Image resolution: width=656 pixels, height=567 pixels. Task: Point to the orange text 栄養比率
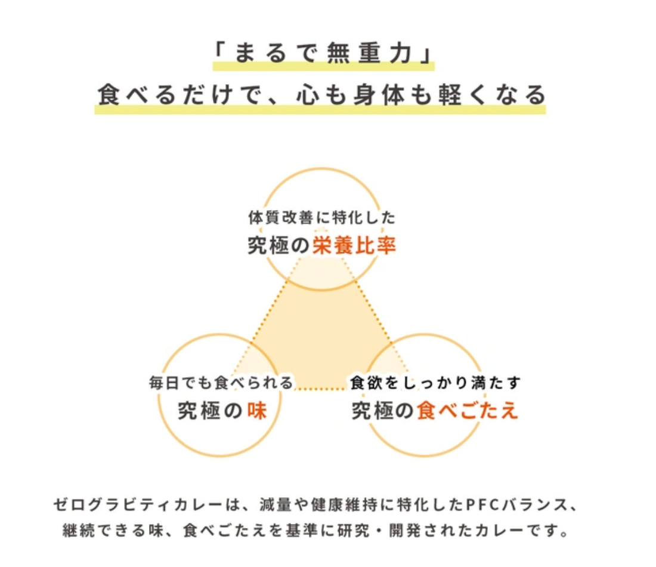pyautogui.click(x=354, y=246)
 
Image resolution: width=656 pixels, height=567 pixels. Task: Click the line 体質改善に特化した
pyautogui.click(x=321, y=218)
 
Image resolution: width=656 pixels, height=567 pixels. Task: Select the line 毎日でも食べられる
pyautogui.click(x=221, y=383)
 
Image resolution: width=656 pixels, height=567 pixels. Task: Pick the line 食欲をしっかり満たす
pyautogui.click(x=435, y=383)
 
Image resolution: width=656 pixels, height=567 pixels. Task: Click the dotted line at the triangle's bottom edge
pyautogui.click(x=322, y=389)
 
